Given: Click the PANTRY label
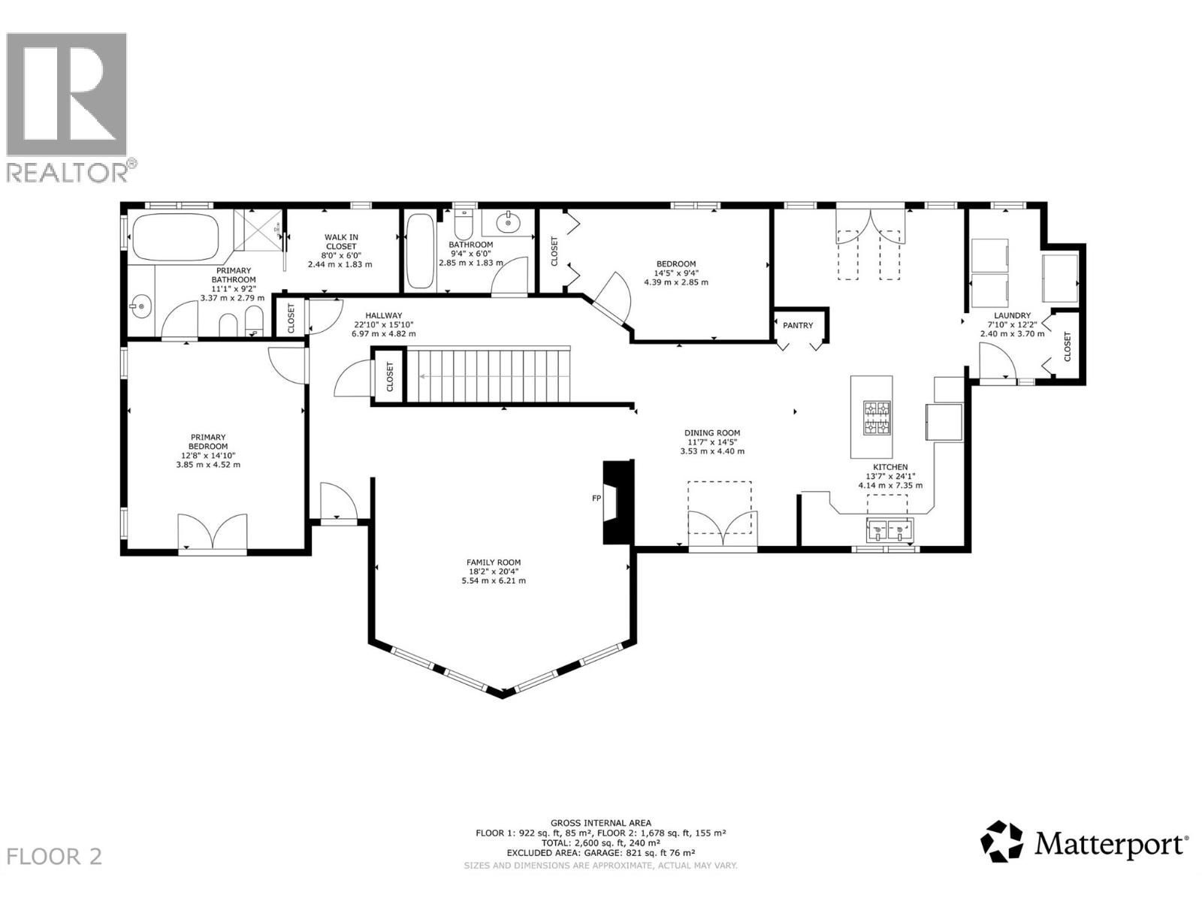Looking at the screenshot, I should point(798,325).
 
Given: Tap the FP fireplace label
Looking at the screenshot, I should point(596,498).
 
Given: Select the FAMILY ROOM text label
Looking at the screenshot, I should point(494,562).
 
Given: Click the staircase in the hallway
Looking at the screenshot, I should point(488,375).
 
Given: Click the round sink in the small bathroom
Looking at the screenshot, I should point(510,222).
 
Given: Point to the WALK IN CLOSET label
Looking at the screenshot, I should point(341,242).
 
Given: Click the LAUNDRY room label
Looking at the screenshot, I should point(1012,316).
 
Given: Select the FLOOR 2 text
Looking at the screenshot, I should point(54,857).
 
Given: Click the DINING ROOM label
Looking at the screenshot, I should point(711,433).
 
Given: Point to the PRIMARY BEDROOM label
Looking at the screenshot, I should point(208,441).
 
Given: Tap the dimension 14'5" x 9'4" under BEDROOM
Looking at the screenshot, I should point(675,273).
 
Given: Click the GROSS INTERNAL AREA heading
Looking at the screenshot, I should point(600,823).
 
